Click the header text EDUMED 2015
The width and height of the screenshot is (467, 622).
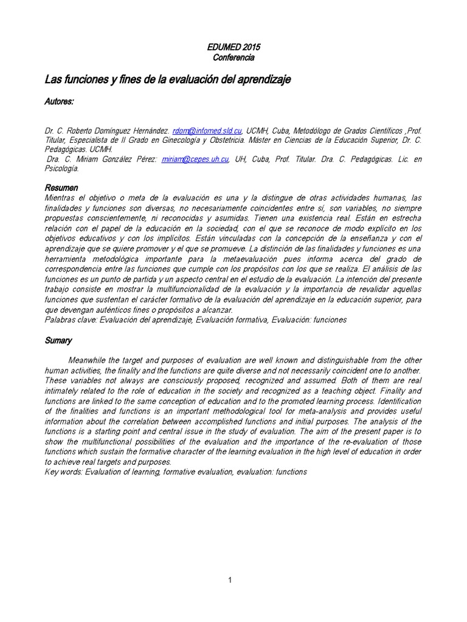pyautogui.click(x=233, y=47)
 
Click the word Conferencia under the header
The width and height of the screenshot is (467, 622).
pyautogui.click(x=233, y=58)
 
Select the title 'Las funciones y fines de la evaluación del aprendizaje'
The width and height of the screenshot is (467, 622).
pyautogui.click(x=168, y=80)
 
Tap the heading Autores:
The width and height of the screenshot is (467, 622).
pyautogui.click(x=60, y=102)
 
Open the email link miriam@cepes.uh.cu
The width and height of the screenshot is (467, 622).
pyautogui.click(x=195, y=159)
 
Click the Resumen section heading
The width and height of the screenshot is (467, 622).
pyautogui.click(x=61, y=188)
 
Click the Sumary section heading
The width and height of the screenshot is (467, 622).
pyautogui.click(x=58, y=341)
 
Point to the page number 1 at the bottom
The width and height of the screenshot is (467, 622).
pyautogui.click(x=230, y=581)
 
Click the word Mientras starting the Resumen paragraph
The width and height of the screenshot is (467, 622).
pyautogui.click(x=63, y=198)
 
